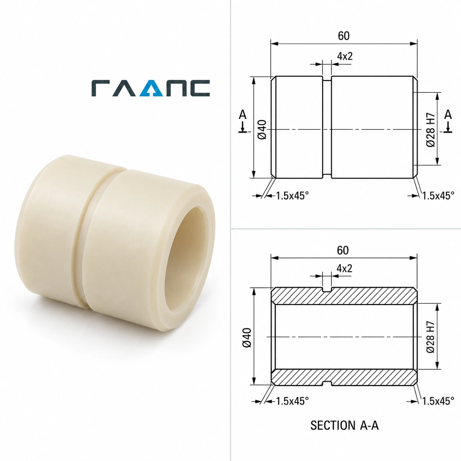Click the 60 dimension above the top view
point(343,36)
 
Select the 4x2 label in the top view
point(345,56)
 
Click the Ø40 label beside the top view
point(262,129)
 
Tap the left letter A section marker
point(243,115)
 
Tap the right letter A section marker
point(448,115)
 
